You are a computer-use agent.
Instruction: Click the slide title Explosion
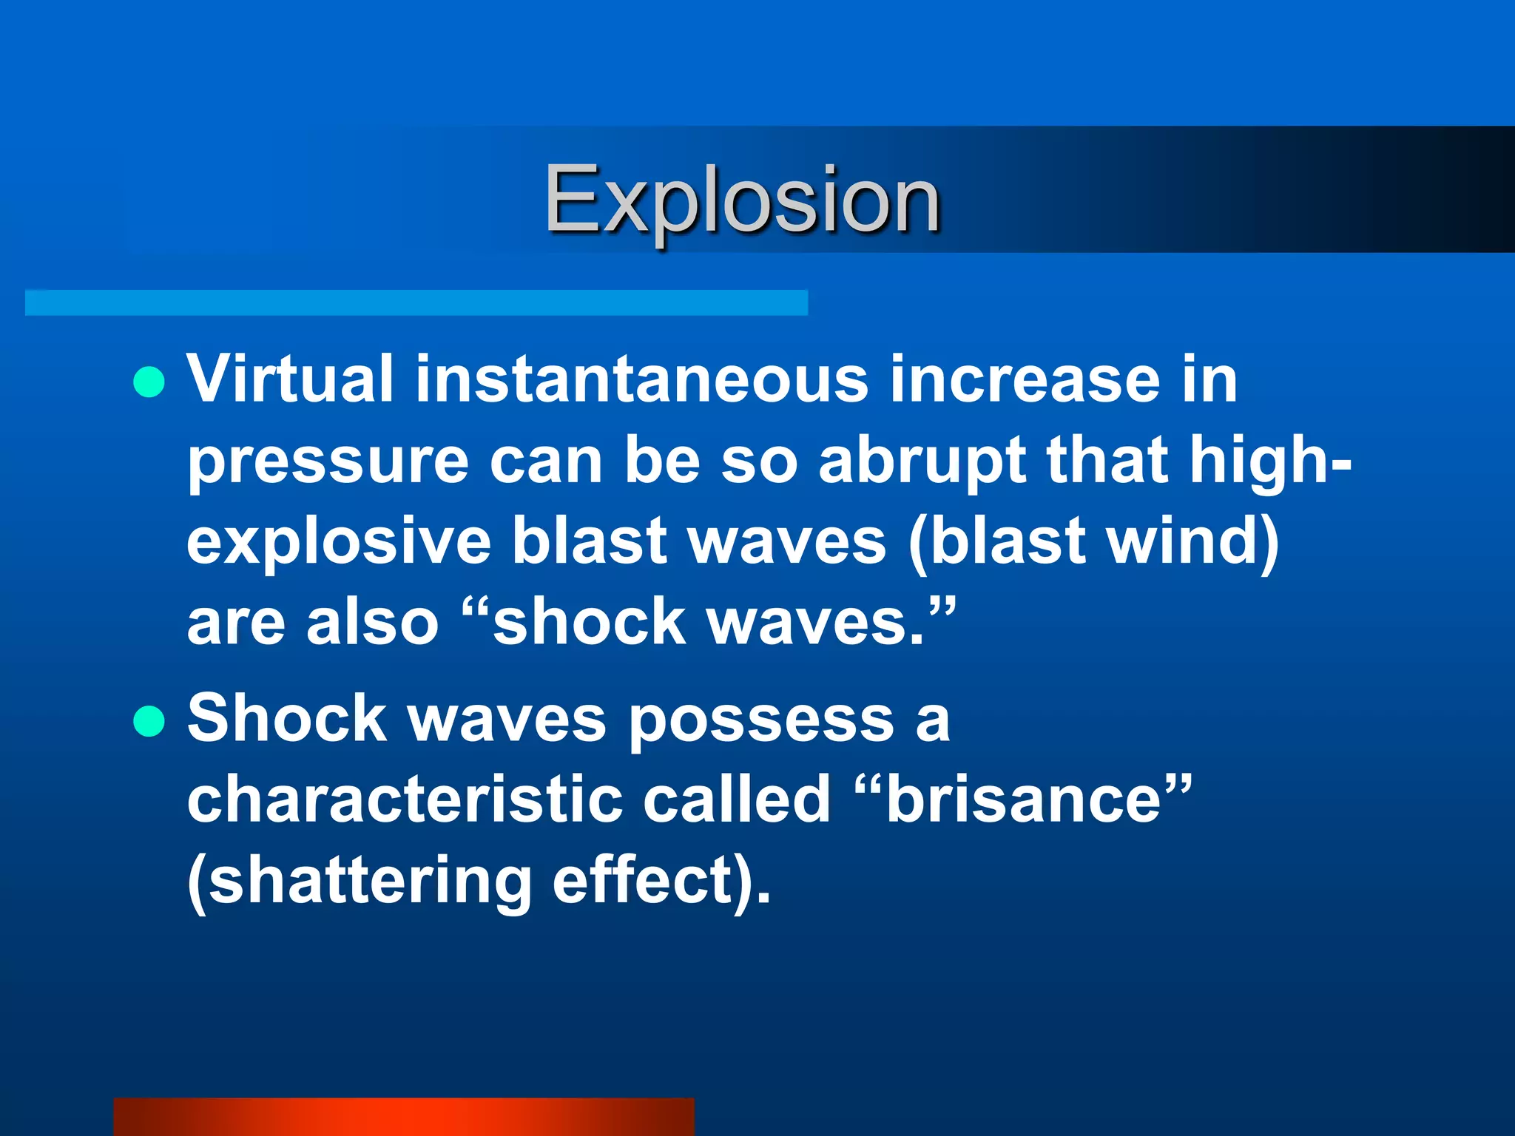[x=742, y=200]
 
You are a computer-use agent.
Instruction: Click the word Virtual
[x=290, y=379]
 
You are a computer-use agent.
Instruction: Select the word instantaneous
[x=641, y=379]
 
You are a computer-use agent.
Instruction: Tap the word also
[x=373, y=622]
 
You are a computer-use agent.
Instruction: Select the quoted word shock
[x=588, y=622]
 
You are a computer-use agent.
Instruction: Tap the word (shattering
[x=360, y=882]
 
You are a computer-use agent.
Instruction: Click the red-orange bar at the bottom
[x=404, y=1117]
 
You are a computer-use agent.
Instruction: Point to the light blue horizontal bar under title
[x=416, y=302]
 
